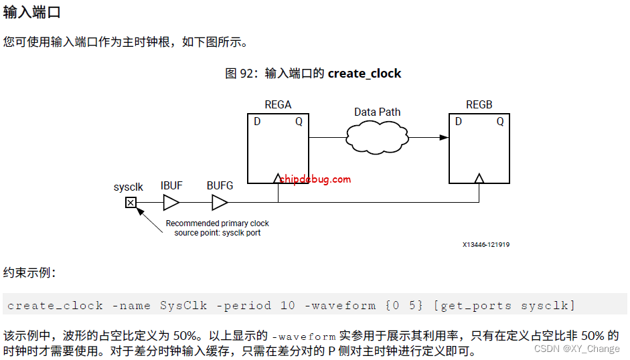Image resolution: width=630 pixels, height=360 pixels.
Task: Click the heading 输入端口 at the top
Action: pyautogui.click(x=31, y=11)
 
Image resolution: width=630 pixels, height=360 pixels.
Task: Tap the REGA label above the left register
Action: pyautogui.click(x=278, y=104)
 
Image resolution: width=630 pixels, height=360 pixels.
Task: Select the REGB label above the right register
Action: pyautogui.click(x=479, y=104)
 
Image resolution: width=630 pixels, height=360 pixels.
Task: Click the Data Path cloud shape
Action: pyautogui.click(x=378, y=137)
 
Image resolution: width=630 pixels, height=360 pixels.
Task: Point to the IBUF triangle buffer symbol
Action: pyautogui.click(x=171, y=202)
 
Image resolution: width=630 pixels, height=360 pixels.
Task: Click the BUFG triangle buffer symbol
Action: pyautogui.click(x=220, y=202)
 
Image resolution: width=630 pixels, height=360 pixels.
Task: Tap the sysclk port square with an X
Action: pyautogui.click(x=131, y=202)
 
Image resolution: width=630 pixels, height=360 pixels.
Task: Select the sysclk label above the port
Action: pyautogui.click(x=128, y=187)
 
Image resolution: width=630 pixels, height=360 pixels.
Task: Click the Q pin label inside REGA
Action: pyautogui.click(x=299, y=122)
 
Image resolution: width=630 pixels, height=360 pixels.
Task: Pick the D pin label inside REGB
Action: pyautogui.click(x=459, y=122)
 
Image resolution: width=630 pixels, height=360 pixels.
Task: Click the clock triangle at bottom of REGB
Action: pyautogui.click(x=479, y=178)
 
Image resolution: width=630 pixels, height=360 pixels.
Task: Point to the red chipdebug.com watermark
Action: pyautogui.click(x=315, y=179)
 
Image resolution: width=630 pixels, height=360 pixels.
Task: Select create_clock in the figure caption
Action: pyautogui.click(x=364, y=74)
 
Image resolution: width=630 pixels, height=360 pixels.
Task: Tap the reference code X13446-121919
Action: pyautogui.click(x=485, y=245)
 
